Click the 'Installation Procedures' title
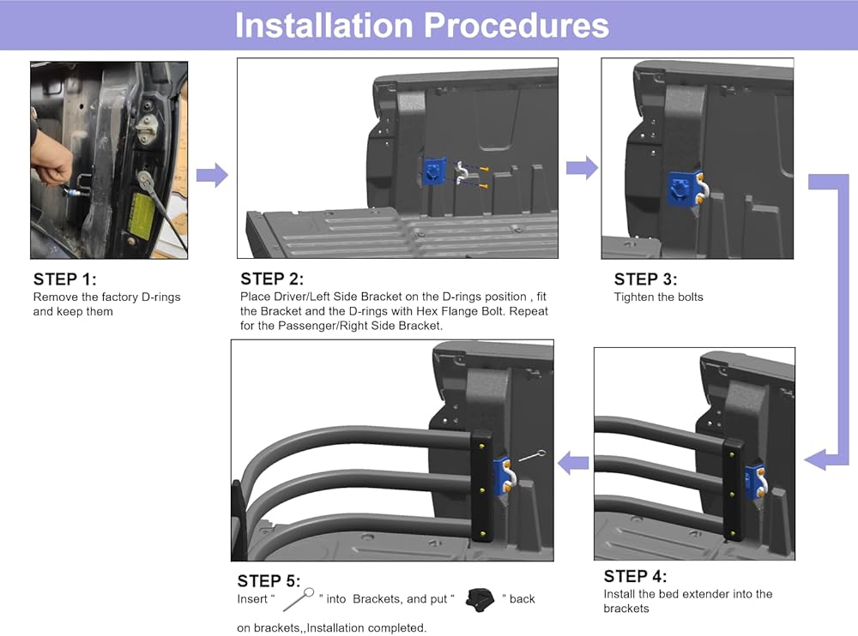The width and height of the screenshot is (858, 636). click(422, 25)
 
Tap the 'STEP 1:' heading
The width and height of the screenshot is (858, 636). click(64, 279)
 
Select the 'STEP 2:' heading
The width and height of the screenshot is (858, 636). click(272, 279)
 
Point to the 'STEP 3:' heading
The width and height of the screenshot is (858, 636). click(645, 279)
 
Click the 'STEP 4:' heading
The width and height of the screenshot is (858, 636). click(635, 576)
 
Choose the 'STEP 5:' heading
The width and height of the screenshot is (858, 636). click(269, 581)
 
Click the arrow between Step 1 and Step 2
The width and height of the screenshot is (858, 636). click(212, 175)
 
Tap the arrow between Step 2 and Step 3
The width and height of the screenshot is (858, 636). click(583, 167)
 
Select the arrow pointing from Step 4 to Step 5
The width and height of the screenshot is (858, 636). click(573, 463)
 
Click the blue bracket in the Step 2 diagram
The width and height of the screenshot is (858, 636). click(433, 172)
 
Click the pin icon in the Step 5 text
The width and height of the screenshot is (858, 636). click(299, 599)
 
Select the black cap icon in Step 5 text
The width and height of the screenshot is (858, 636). click(480, 599)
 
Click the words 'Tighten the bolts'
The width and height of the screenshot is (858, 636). click(658, 297)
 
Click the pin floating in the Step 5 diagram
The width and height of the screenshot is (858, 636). click(532, 455)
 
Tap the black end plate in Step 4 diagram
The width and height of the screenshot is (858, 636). click(733, 490)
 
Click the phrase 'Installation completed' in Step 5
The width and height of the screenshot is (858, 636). click(366, 627)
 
